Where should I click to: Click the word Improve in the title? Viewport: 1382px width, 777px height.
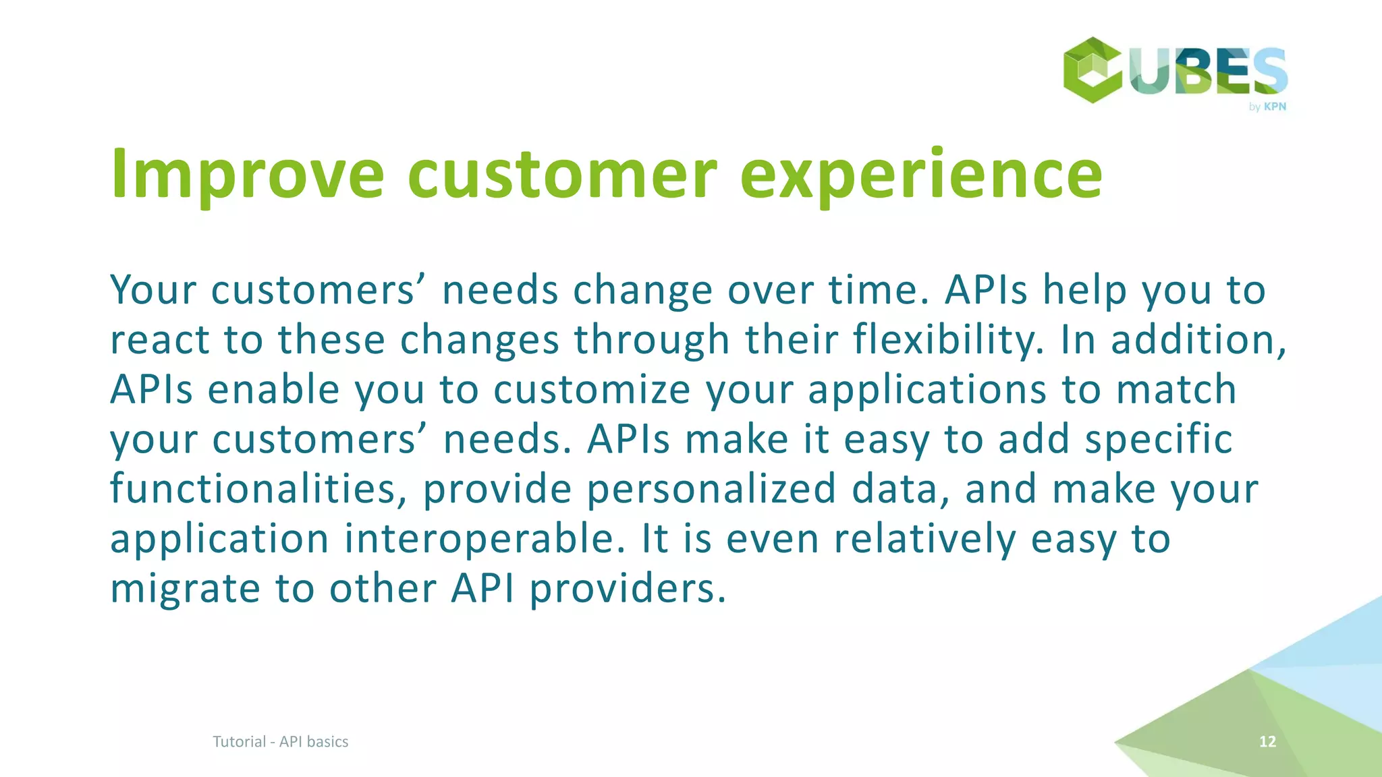tap(247, 175)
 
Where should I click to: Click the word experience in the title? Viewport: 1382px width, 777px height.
tap(921, 175)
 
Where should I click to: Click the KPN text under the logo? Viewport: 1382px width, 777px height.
tap(1275, 107)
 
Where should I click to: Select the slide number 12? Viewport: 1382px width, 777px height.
tap(1267, 741)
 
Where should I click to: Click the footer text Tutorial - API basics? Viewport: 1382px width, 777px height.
tap(280, 741)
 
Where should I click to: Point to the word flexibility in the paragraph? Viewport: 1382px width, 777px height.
tap(948, 339)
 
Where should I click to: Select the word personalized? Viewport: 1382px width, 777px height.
tap(711, 488)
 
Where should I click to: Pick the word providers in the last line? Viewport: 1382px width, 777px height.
tap(627, 588)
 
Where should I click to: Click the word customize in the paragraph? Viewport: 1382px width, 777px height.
tap(592, 389)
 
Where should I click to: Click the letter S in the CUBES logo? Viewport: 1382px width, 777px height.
tap(1267, 71)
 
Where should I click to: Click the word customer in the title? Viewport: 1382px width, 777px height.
tap(561, 175)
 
